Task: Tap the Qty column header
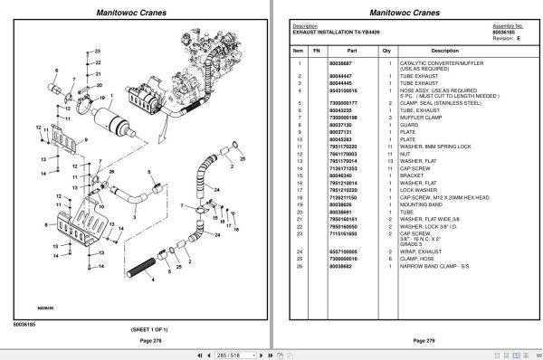[386, 52]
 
